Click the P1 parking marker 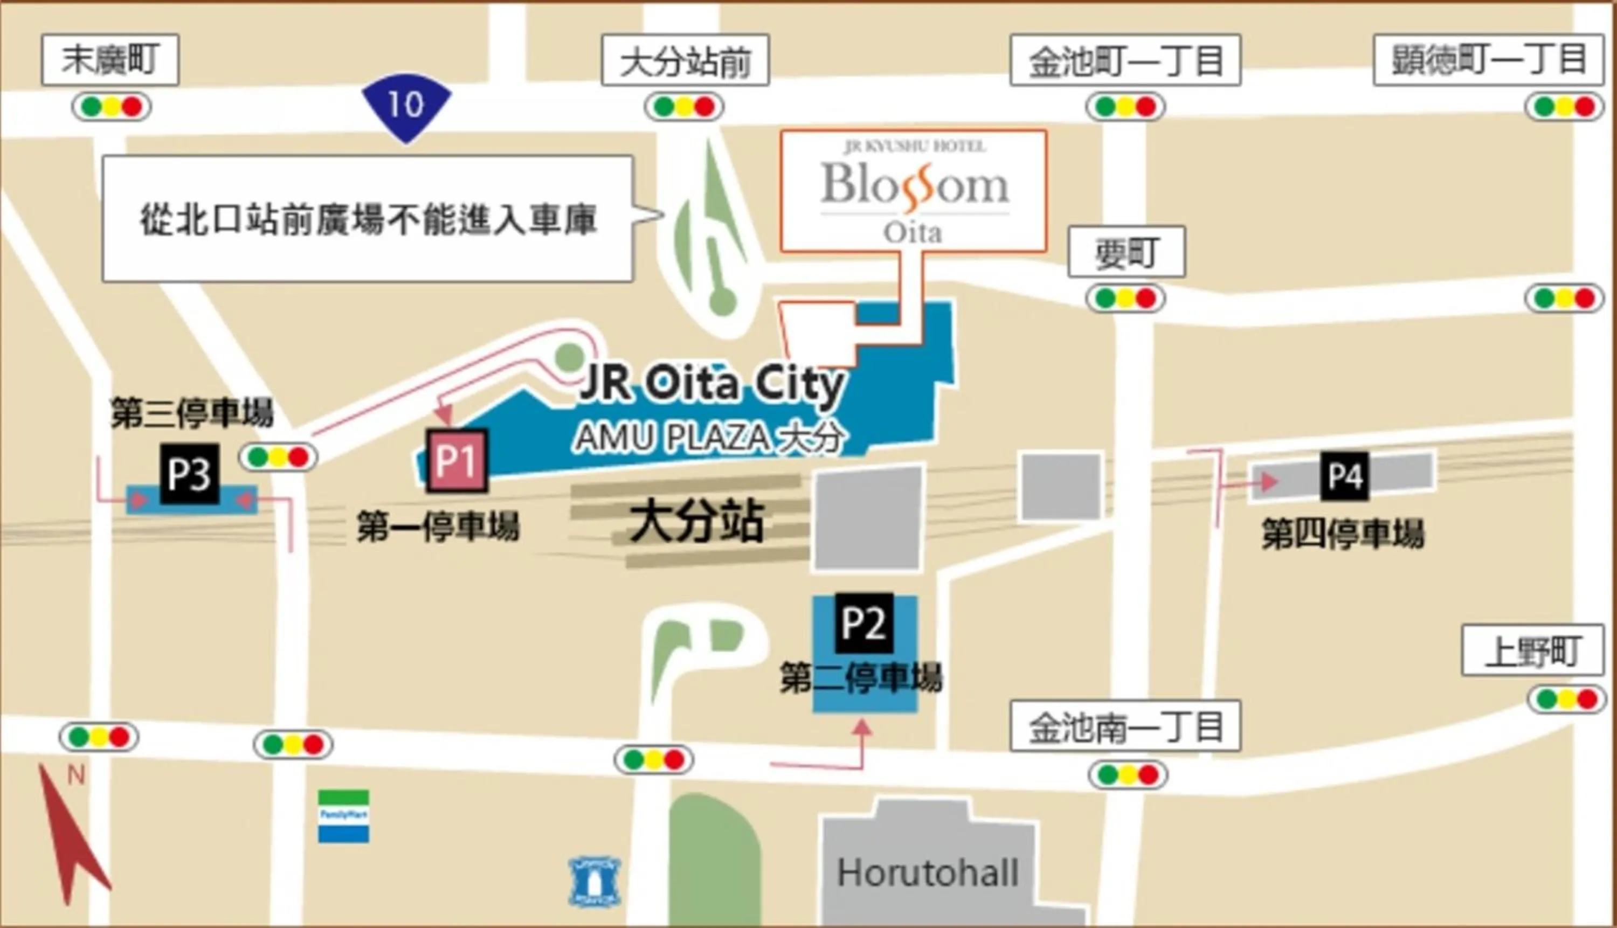pos(457,460)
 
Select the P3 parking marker pos(189,474)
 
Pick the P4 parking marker pos(1345,475)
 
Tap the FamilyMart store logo pos(343,816)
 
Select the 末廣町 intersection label pos(110,60)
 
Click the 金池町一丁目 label pos(1125,60)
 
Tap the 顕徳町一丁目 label pos(1488,60)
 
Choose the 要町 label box pos(1126,252)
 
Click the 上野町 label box pos(1532,650)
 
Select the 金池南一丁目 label pos(1125,726)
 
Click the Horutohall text pos(928,872)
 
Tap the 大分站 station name pos(696,521)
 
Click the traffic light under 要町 pos(1125,299)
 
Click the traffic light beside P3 pos(278,457)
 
